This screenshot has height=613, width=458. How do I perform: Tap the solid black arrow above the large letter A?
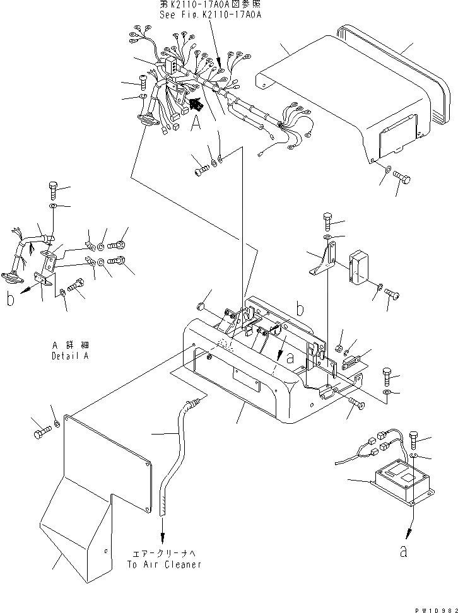pyautogui.click(x=196, y=102)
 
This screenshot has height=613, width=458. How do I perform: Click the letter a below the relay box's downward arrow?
pyautogui.click(x=403, y=551)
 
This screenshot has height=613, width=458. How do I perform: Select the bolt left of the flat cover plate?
pyautogui.click(x=39, y=433)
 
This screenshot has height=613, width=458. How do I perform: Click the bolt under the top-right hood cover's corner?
pyautogui.click(x=402, y=179)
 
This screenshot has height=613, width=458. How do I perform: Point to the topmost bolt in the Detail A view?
pyautogui.click(x=52, y=189)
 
